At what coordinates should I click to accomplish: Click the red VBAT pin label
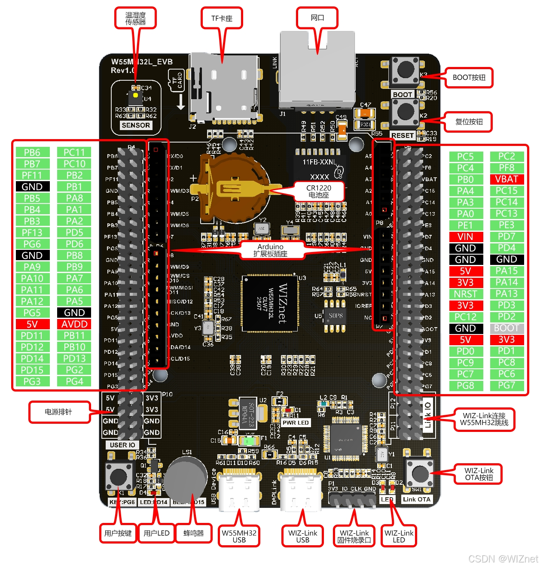506,179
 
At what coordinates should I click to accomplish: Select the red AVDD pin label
74,324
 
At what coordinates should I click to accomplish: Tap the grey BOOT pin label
506,328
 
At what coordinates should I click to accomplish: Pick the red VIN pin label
465,237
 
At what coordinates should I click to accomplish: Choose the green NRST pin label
465,294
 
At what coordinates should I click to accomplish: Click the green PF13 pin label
32,233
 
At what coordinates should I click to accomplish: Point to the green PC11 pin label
74,152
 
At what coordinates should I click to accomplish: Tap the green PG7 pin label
506,386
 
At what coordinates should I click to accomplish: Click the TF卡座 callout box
222,18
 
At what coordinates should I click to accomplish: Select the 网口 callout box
317,18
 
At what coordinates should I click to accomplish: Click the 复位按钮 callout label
469,122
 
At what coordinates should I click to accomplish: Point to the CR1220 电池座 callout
319,191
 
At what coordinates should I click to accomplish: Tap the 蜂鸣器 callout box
193,533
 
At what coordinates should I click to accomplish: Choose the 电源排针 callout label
58,412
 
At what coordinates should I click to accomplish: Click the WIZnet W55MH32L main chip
270,304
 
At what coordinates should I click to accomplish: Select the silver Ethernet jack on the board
317,71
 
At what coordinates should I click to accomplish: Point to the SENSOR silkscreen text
136,125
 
